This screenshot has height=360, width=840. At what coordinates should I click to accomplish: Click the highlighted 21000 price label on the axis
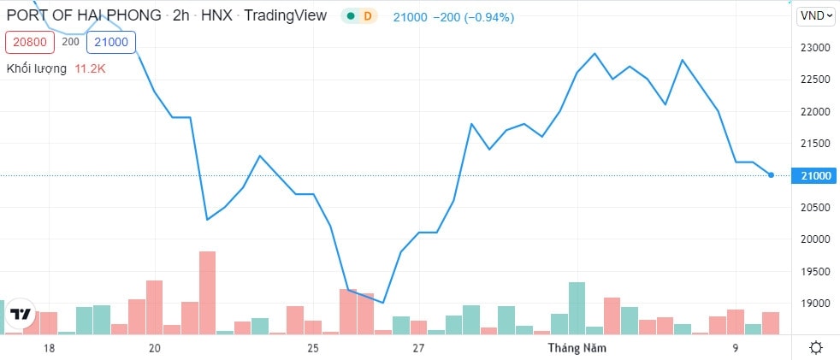click(813, 175)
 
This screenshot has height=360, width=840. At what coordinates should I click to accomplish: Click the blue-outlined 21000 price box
click(111, 41)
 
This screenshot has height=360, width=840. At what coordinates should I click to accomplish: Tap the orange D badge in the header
click(368, 16)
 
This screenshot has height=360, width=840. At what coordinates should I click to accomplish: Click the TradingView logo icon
click(20, 315)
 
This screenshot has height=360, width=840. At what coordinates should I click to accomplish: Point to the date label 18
click(49, 348)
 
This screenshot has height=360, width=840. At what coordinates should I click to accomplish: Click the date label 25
click(313, 348)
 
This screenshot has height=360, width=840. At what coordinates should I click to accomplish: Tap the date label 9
click(735, 348)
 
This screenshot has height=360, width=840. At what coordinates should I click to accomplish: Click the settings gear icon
click(816, 347)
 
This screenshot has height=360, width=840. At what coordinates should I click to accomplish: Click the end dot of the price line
click(772, 175)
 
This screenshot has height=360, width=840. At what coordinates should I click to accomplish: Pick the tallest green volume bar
click(577, 308)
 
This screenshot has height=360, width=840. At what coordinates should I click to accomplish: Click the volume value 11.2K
click(88, 68)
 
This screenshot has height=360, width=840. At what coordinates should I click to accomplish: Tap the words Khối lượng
click(37, 68)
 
